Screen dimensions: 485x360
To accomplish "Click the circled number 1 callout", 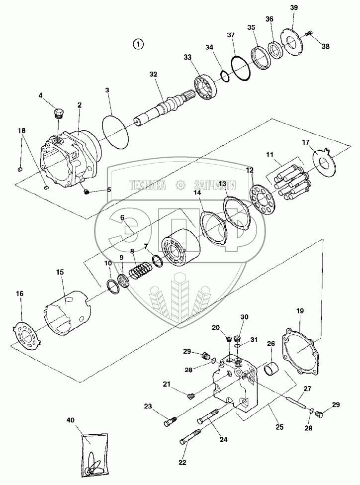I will coord(138,44).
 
